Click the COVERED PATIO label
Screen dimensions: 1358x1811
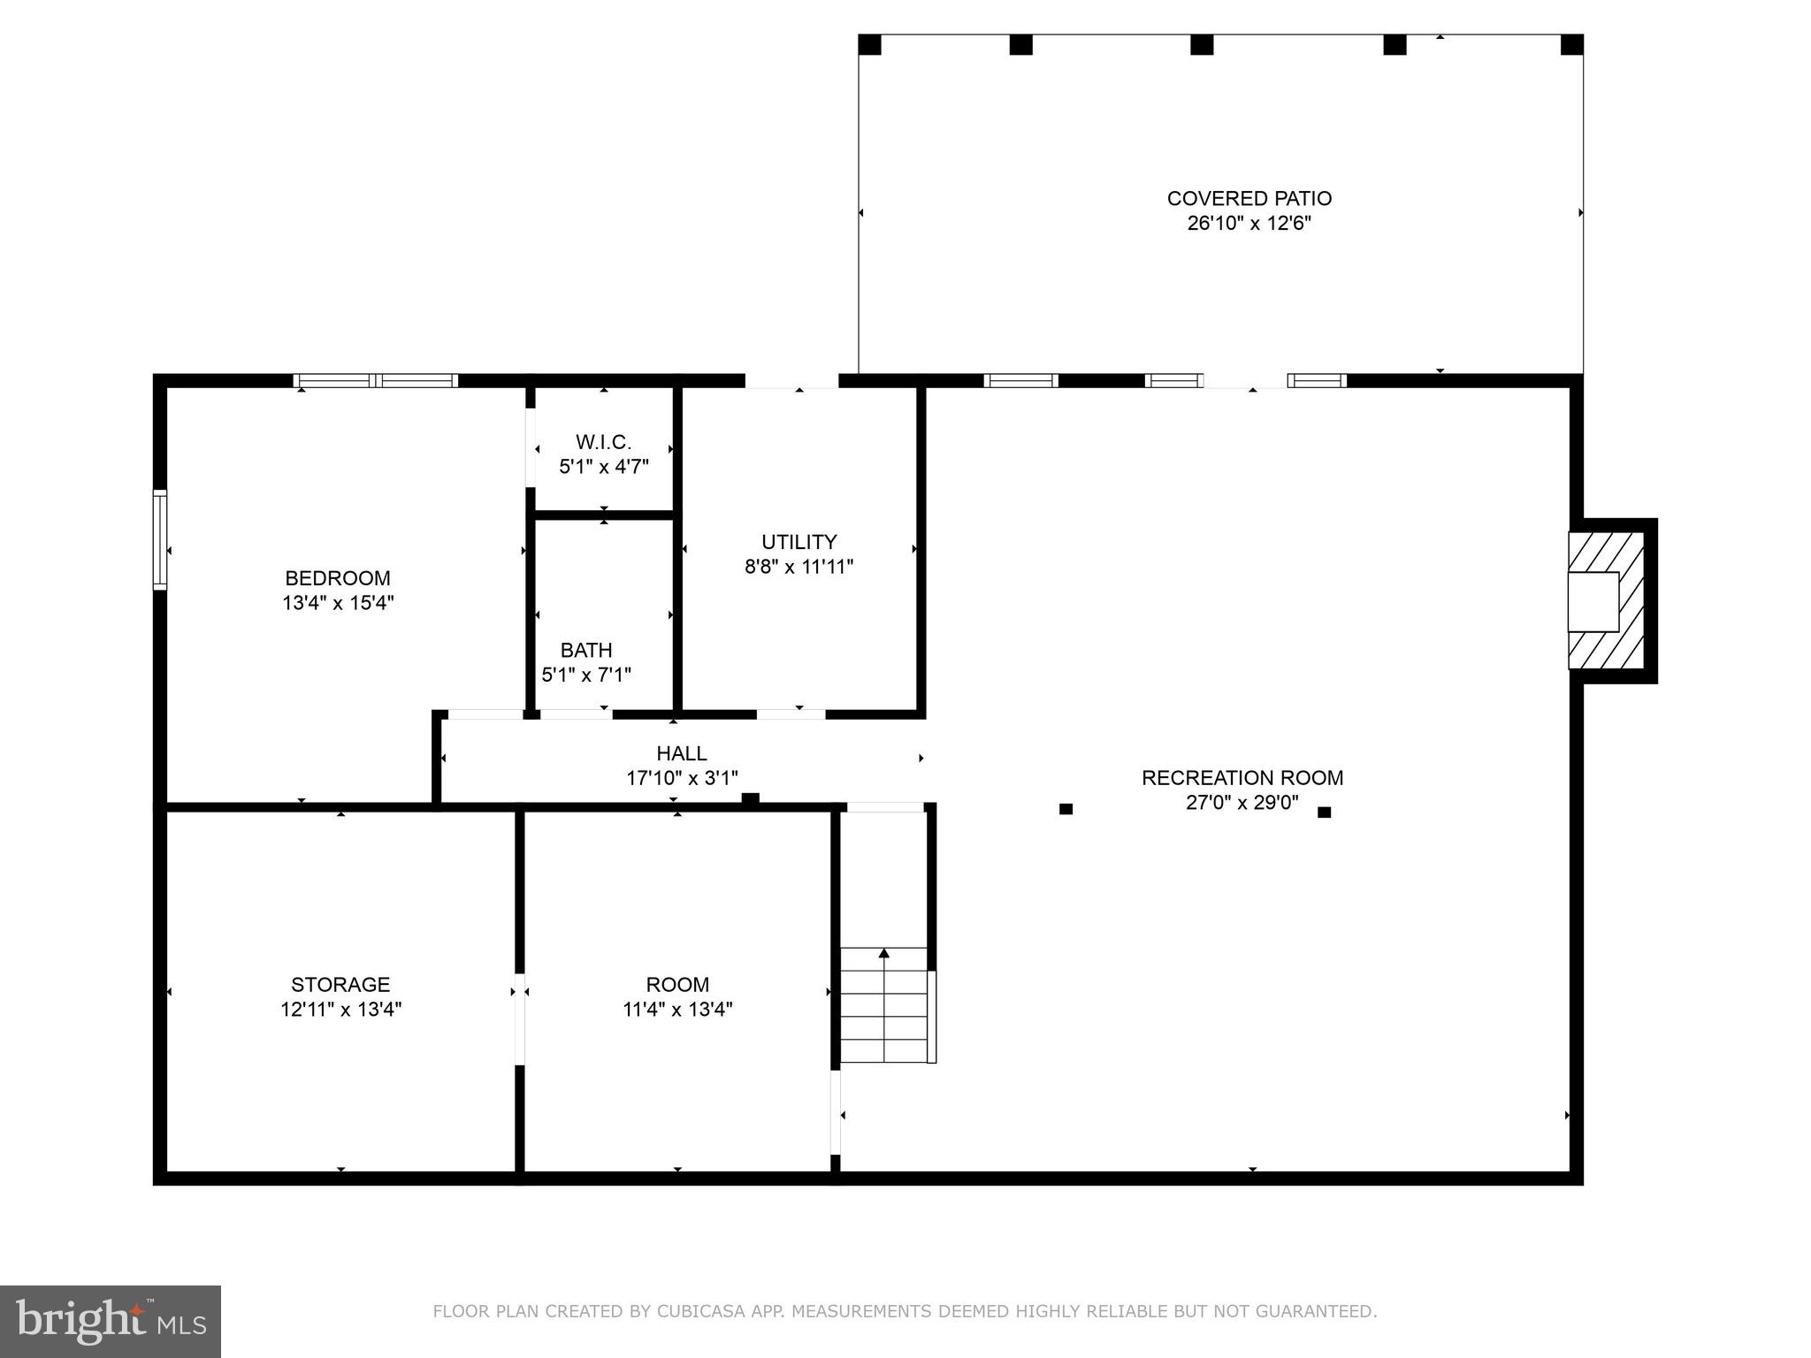[1249, 199]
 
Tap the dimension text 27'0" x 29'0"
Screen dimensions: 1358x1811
[1242, 803]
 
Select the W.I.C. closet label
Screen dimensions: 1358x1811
[603, 442]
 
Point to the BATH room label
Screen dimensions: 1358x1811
[586, 651]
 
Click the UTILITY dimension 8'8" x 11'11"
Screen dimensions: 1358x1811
[799, 567]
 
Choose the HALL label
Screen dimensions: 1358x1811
[681, 753]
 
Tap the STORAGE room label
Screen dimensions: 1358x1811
[340, 984]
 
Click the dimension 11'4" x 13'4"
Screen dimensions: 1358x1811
[677, 1009]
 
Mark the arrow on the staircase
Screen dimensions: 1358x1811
[883, 953]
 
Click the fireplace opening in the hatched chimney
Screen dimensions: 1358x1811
[1593, 602]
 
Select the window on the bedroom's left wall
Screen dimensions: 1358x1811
[160, 539]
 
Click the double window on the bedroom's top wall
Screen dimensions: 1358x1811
[376, 381]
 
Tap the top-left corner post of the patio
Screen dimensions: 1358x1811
[870, 45]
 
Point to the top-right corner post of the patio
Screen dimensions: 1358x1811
[1571, 45]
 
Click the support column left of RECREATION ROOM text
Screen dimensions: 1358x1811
[1066, 809]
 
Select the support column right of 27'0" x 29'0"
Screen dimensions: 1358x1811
[1324, 813]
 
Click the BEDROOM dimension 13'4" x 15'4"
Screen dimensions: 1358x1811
[338, 603]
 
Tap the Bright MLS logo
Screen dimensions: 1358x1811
[111, 1321]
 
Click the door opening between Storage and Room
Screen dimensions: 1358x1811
[520, 1018]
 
